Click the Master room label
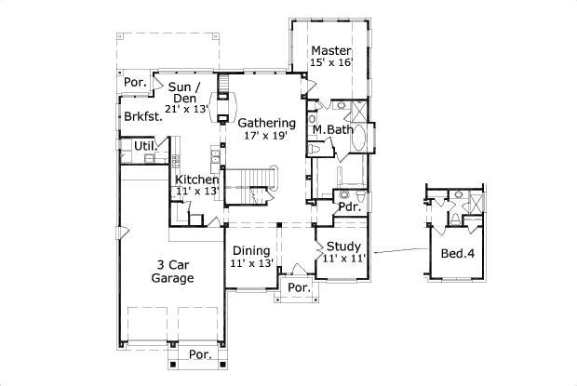pos(330,50)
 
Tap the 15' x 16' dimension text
pos(330,63)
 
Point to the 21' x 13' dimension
pos(187,109)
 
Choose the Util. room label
pos(144,146)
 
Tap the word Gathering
pos(266,123)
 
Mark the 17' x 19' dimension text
pos(266,136)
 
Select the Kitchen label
pos(197,179)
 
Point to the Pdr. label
pos(350,208)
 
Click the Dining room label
pos(251,250)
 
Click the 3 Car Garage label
pos(173,271)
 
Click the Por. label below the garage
pos(199,354)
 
